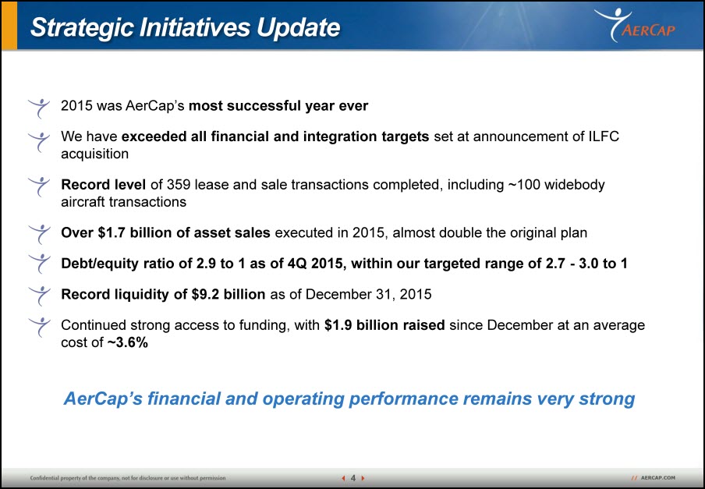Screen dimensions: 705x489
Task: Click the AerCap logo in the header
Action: pos(635,25)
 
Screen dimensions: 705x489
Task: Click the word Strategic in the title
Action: pos(82,28)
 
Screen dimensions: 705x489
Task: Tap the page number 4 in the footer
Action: pos(353,478)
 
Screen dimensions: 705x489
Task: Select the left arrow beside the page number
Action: pos(343,478)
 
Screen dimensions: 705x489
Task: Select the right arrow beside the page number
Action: pos(363,478)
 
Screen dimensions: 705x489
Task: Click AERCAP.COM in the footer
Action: pos(657,478)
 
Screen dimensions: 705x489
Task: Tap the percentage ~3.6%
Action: pos(128,342)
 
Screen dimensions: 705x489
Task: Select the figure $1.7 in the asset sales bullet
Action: pos(112,233)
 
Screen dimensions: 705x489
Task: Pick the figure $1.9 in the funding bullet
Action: pos(338,325)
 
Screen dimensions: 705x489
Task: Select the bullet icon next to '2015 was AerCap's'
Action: pos(39,108)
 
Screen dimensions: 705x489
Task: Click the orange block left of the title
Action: pos(9,25)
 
